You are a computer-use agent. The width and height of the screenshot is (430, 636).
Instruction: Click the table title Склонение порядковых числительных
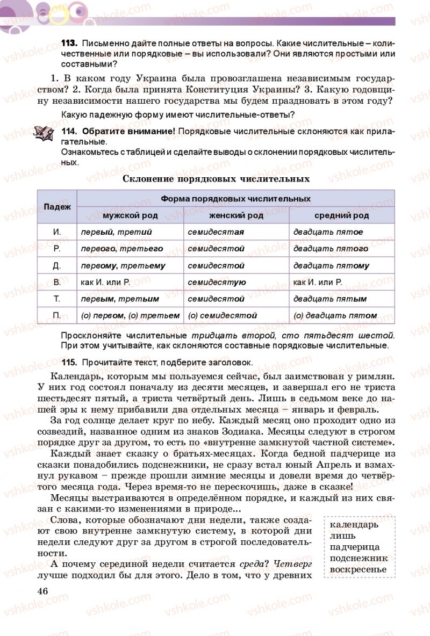point(216,179)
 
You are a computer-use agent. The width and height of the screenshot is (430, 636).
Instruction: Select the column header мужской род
point(130,215)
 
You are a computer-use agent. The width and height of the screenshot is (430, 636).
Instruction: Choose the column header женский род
point(236,215)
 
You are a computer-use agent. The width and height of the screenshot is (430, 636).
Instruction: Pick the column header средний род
point(341,215)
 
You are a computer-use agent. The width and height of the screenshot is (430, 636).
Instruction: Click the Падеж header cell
point(57,207)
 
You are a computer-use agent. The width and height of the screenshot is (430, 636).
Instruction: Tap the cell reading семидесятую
point(217,282)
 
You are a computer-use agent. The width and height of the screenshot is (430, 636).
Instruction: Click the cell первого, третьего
point(122,249)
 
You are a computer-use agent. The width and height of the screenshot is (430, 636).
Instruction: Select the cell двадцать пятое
point(328,232)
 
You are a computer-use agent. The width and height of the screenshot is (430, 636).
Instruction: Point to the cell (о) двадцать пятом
point(335,315)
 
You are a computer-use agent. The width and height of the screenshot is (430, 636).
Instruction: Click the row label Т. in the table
point(57,299)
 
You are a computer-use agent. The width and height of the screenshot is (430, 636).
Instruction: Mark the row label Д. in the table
point(57,265)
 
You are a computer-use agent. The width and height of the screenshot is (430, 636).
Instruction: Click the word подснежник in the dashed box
point(359,558)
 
